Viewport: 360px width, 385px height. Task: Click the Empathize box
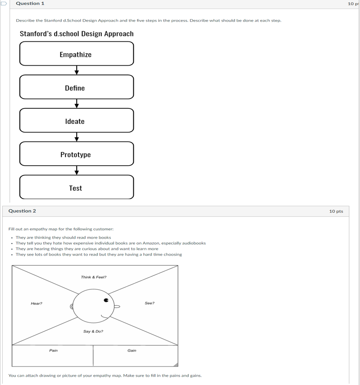[76, 54]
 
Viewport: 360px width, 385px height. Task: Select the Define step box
[76, 87]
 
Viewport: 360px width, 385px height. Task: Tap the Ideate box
[76, 121]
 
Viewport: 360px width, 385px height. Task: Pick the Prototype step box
[76, 154]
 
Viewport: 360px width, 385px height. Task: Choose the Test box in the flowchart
[76, 188]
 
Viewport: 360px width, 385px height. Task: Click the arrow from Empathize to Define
[77, 70]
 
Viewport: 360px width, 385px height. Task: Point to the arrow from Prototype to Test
[77, 170]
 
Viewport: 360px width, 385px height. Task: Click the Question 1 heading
[30, 4]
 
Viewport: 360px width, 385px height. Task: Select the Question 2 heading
[22, 211]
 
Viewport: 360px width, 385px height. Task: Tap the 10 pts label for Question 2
[336, 211]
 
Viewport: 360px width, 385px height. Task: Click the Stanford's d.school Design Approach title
[77, 34]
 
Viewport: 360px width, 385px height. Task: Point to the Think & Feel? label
[93, 277]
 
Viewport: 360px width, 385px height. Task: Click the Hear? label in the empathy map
[37, 304]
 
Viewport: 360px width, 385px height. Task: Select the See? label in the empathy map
[150, 303]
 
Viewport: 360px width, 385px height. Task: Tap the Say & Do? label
[93, 331]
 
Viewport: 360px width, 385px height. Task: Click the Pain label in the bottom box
[53, 351]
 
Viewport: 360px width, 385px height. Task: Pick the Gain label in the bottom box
[132, 351]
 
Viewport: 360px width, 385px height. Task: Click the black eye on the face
[106, 300]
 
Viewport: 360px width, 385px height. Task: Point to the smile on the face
[105, 316]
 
